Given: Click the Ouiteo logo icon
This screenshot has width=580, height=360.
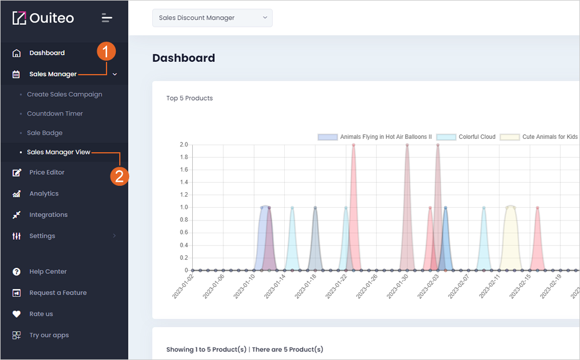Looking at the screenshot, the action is click(19, 18).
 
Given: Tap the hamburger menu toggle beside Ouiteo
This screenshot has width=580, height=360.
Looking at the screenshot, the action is click(107, 18).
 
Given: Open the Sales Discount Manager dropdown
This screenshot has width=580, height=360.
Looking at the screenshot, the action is click(212, 18).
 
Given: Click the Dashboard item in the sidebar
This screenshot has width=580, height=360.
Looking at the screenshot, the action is click(47, 53).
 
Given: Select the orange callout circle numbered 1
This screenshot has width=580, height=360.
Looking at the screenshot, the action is click(106, 51).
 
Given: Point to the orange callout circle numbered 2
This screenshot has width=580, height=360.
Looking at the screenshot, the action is click(119, 176).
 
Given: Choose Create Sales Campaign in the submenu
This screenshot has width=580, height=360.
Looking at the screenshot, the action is click(64, 94).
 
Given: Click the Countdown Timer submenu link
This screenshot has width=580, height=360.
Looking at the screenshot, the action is click(55, 113).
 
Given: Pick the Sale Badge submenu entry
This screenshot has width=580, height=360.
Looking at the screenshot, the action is click(45, 133).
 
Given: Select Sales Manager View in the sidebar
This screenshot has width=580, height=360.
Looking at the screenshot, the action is click(58, 152).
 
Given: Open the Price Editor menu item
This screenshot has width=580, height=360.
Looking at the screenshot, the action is click(47, 172).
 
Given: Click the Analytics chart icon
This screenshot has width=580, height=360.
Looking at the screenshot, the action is click(17, 194).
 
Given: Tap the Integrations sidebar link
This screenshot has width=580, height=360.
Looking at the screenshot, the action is click(49, 215).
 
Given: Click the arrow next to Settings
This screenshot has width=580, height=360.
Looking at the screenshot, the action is click(114, 236).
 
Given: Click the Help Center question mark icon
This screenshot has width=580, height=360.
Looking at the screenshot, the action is click(17, 271).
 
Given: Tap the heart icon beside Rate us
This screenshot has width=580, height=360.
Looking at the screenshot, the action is click(17, 314).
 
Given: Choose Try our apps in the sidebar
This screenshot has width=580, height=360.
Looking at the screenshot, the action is click(49, 335).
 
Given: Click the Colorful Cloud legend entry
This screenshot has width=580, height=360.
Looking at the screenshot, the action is click(466, 137).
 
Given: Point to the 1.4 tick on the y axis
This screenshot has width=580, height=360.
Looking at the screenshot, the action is click(184, 182).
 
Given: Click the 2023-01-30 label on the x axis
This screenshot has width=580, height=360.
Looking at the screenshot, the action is click(398, 286).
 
